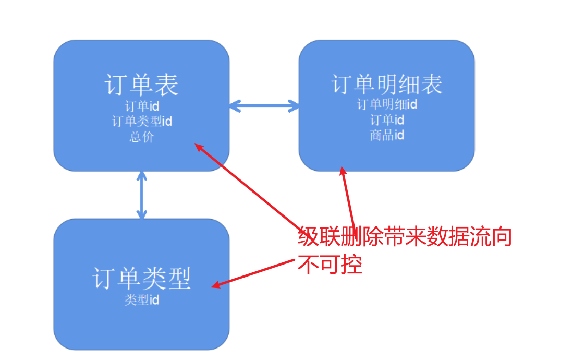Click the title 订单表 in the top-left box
(x=141, y=85)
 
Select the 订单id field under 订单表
(x=142, y=107)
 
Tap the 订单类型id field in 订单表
(x=142, y=122)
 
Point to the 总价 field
(x=142, y=137)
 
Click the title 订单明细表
(x=387, y=85)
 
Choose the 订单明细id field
(x=387, y=104)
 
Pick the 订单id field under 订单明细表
(x=387, y=120)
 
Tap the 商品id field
(x=387, y=135)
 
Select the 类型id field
(x=141, y=300)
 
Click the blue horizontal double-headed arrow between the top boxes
(x=264, y=106)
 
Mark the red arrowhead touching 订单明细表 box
(x=343, y=171)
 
